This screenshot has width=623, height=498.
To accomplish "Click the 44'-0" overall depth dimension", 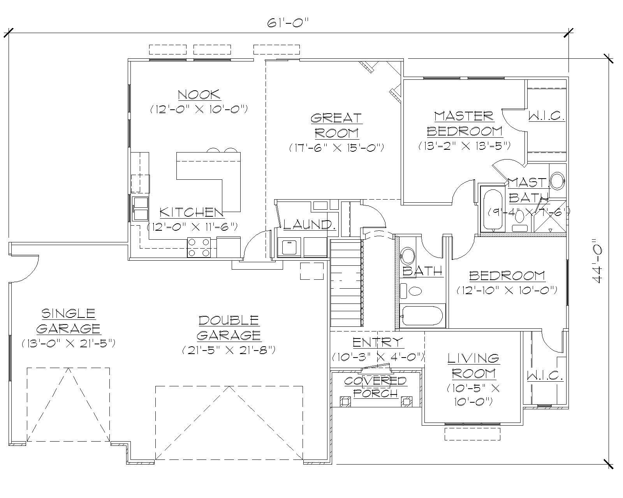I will click(x=597, y=261).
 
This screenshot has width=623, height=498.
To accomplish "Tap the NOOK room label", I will click(x=199, y=95).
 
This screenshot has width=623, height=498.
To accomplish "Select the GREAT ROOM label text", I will click(x=336, y=125).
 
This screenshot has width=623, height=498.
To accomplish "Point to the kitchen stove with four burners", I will click(x=199, y=247).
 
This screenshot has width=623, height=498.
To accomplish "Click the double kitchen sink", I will click(x=140, y=209).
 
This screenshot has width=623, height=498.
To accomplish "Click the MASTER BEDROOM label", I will click(x=464, y=123).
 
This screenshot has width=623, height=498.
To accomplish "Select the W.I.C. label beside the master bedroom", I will click(x=546, y=116).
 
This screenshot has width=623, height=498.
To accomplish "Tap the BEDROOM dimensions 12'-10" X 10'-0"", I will click(x=507, y=290).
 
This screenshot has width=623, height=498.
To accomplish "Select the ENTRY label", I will click(x=378, y=342).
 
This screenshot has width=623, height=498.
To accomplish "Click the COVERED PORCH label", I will click(x=376, y=387).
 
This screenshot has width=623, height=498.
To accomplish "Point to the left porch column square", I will click(x=344, y=401).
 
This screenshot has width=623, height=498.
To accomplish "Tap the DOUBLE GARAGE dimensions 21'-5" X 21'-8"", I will click(x=229, y=350).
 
